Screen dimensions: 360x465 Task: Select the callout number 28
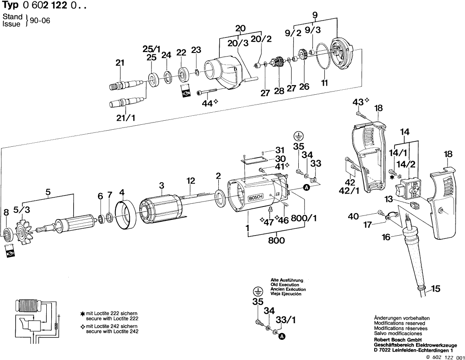tap(279, 91)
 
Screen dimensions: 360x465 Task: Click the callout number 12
tap(191, 181)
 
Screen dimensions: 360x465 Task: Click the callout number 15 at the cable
tap(436, 288)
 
